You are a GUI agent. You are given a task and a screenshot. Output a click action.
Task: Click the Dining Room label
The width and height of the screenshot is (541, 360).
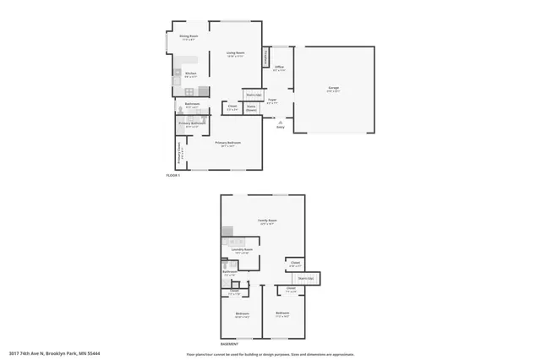tap(189, 36)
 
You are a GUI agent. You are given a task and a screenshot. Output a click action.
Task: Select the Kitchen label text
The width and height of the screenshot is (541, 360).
tap(190, 74)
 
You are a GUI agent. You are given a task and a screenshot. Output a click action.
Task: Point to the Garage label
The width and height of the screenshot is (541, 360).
tap(334, 88)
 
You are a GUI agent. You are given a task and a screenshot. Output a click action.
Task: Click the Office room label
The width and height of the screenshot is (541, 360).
tap(278, 67)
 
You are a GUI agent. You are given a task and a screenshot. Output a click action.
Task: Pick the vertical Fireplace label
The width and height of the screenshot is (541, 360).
tap(268, 56)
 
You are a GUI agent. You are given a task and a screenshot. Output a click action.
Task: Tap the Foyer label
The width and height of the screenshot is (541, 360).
tap(272, 101)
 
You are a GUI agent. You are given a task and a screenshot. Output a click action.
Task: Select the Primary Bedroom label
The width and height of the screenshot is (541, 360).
tap(228, 144)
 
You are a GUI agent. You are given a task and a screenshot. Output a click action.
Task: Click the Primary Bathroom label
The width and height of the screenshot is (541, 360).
tap(190, 124)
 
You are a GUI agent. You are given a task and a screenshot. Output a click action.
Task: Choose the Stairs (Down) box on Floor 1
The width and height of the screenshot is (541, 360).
tap(251, 107)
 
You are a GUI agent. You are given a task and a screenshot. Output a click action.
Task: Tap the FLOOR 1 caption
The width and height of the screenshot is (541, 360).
tap(172, 176)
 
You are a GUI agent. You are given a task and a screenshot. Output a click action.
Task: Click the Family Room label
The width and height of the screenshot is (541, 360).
tap(267, 221)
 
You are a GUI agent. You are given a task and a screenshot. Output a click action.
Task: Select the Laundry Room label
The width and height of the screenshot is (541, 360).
tap(243, 250)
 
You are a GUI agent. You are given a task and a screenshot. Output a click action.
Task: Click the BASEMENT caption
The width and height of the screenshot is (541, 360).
tap(229, 345)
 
